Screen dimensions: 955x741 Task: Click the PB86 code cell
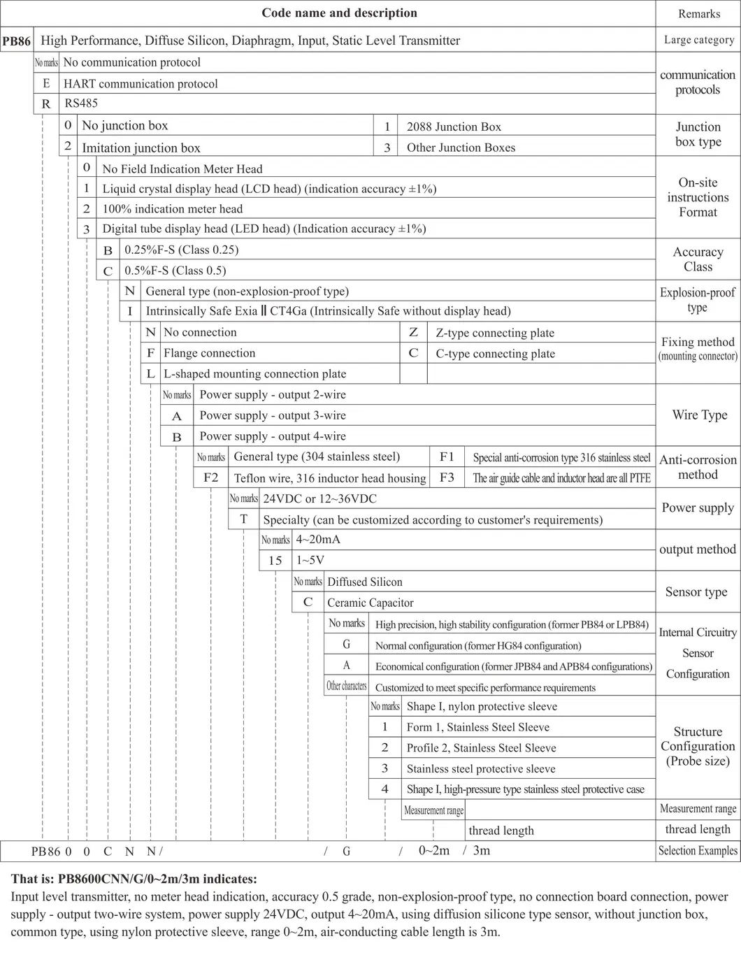[17, 41]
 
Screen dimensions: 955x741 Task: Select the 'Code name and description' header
[339, 13]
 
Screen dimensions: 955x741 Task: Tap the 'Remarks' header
[698, 14]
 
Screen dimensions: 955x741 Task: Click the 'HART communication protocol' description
[141, 84]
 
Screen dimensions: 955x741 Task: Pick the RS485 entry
[81, 103]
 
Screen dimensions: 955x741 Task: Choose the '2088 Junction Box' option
[454, 127]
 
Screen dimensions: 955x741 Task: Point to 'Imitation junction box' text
[141, 148]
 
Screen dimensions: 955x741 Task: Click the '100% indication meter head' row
[173, 209]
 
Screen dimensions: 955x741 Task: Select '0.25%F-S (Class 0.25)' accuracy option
[181, 250]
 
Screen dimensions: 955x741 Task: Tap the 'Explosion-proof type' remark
[698, 300]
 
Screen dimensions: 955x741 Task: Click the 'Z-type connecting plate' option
[495, 333]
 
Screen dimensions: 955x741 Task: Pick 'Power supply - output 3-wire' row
[273, 415]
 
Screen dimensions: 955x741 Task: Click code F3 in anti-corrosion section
[447, 478]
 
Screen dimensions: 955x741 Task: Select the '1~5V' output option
[310, 561]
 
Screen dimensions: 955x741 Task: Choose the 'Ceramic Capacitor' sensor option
[370, 603]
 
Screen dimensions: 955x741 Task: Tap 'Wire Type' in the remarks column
[699, 415]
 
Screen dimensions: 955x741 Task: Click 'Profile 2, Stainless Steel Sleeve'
[482, 748]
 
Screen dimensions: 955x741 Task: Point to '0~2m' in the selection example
[434, 851]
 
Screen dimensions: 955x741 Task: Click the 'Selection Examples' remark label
[698, 851]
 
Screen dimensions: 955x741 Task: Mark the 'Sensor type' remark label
[696, 592]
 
